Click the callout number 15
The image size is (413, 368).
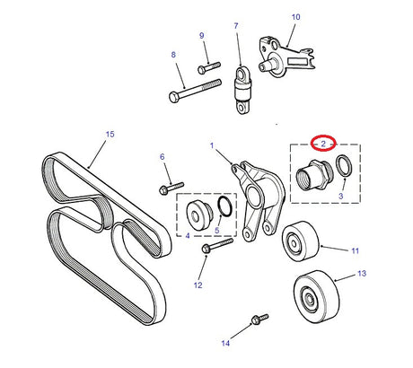[110, 135]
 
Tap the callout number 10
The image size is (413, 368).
[296, 17]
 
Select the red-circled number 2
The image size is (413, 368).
[321, 143]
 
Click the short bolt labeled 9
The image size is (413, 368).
[210, 66]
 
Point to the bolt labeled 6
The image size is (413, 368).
[169, 188]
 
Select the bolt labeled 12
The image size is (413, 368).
[216, 243]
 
